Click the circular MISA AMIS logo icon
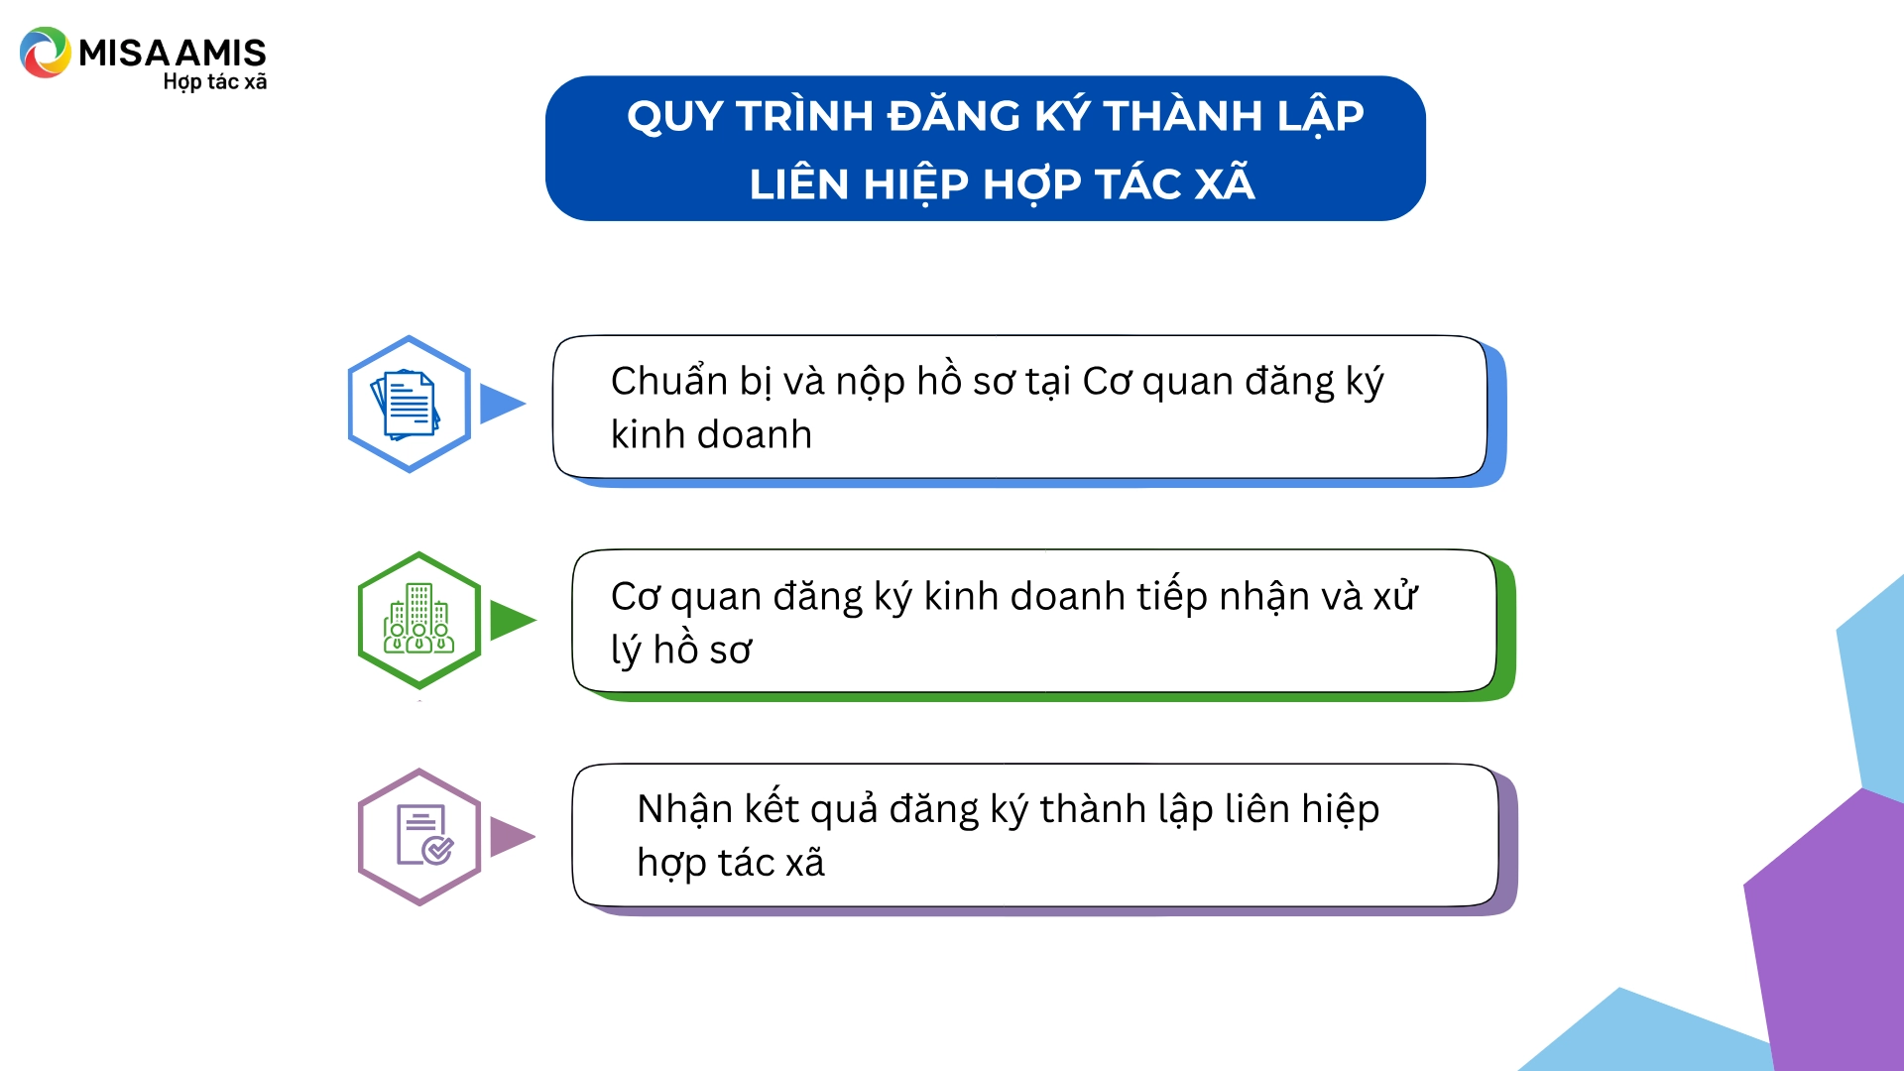45,53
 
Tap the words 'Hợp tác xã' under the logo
215,82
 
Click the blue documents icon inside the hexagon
407,404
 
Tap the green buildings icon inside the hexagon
418,619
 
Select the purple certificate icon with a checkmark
424,835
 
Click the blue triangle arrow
502,404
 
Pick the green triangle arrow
512,620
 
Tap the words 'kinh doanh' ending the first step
711,435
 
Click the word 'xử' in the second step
1394,596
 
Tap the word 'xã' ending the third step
804,863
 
